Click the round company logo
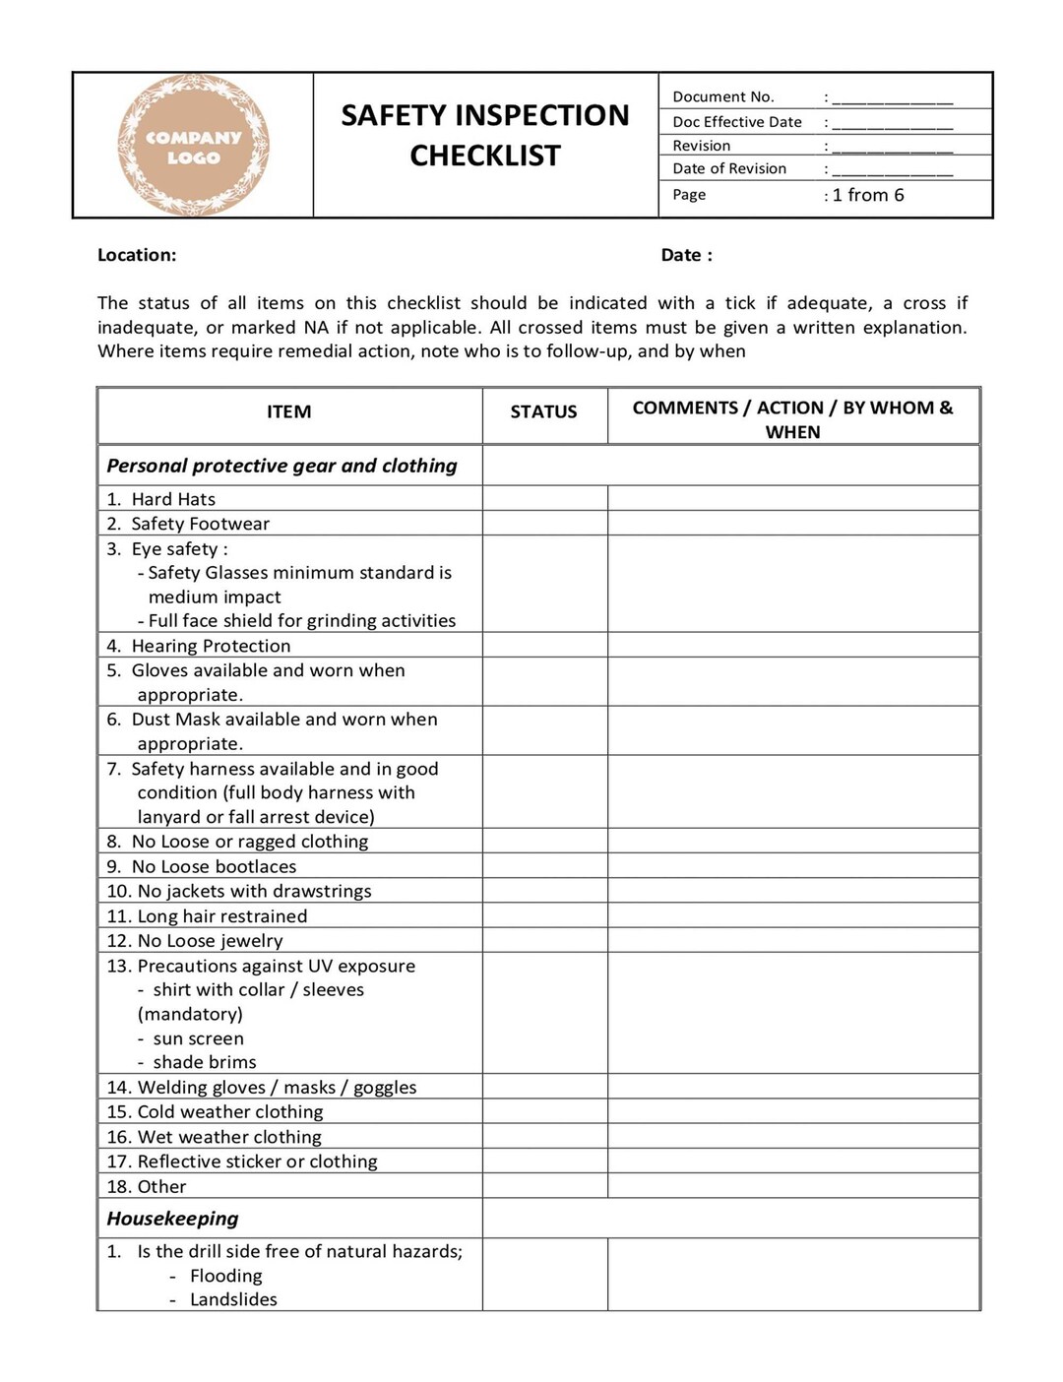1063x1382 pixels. coord(193,146)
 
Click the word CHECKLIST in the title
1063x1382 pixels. coord(485,156)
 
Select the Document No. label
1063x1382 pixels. coord(723,96)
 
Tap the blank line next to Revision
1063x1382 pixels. coord(892,146)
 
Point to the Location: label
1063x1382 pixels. coord(137,255)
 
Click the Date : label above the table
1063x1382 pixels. coord(686,255)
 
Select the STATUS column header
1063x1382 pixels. coord(543,411)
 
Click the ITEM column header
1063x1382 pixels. coord(288,411)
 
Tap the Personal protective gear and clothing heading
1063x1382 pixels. coord(281,466)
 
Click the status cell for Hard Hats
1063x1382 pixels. coord(544,498)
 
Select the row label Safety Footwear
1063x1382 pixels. coord(200,524)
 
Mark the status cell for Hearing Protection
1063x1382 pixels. coord(544,645)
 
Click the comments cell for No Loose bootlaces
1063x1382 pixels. coord(792,866)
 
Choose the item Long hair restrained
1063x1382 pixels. coord(221,915)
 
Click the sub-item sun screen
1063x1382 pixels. coord(198,1038)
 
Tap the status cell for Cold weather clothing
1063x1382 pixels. coord(544,1111)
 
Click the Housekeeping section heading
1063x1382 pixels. coord(172,1219)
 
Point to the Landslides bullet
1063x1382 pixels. coord(233,1299)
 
